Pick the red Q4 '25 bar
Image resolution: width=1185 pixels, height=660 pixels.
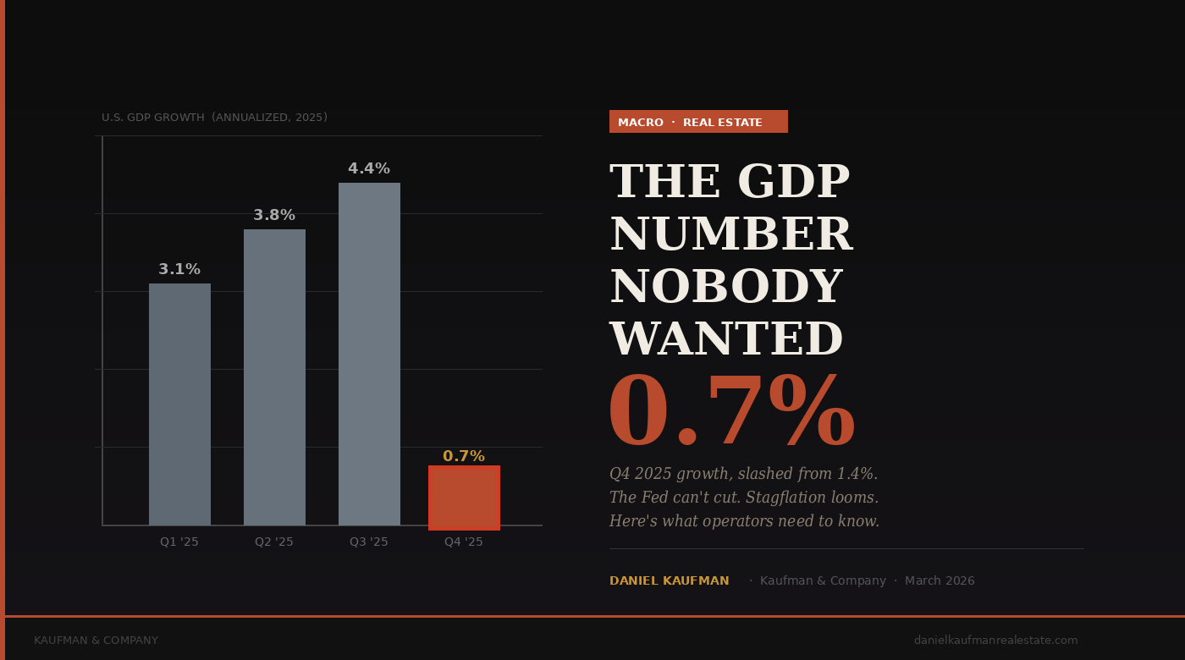(464, 498)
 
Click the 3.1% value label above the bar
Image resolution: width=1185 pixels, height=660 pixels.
(179, 269)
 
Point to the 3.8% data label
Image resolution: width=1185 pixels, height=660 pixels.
(274, 215)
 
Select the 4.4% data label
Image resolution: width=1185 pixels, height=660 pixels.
(369, 168)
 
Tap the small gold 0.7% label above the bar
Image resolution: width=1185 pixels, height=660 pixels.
(464, 456)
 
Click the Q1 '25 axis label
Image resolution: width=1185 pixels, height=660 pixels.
(179, 542)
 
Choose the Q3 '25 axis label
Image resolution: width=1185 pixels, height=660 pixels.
(369, 542)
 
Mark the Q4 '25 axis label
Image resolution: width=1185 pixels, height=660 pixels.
(464, 542)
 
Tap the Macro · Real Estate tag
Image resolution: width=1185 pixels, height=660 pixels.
(698, 122)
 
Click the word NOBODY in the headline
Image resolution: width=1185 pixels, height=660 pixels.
(725, 288)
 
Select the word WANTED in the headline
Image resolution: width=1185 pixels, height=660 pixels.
(725, 340)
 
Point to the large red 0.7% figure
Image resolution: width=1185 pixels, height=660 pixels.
(731, 414)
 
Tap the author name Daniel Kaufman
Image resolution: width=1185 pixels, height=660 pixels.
(669, 581)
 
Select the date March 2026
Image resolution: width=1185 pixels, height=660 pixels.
(940, 581)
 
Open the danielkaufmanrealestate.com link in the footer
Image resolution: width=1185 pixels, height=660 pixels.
(995, 641)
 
